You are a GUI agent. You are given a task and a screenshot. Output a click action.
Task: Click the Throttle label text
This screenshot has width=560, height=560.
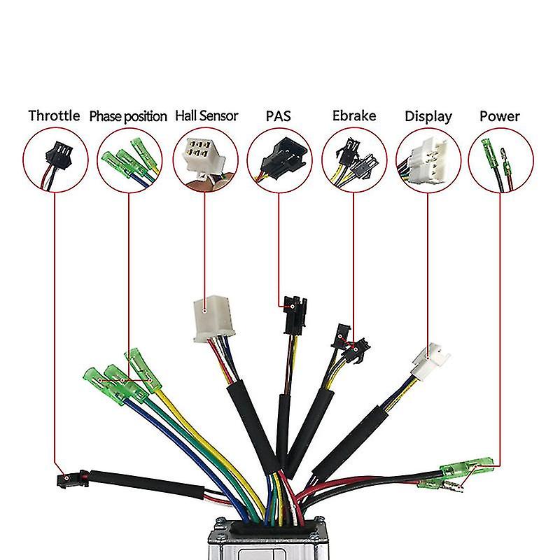point(54,115)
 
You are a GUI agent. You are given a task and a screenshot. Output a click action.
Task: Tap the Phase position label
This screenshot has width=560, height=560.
point(128,116)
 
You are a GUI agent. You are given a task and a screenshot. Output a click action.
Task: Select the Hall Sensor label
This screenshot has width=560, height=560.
point(206,115)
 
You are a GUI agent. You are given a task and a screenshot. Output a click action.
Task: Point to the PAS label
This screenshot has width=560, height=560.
point(279,115)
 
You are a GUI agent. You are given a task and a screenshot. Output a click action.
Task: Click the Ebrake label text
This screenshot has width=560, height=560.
point(353,115)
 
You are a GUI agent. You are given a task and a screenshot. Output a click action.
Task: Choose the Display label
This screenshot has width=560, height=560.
point(428,116)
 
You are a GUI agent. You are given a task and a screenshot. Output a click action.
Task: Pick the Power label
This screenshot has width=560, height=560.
point(500,115)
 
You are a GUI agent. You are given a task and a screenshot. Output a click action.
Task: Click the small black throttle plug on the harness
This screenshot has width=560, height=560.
point(71,478)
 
